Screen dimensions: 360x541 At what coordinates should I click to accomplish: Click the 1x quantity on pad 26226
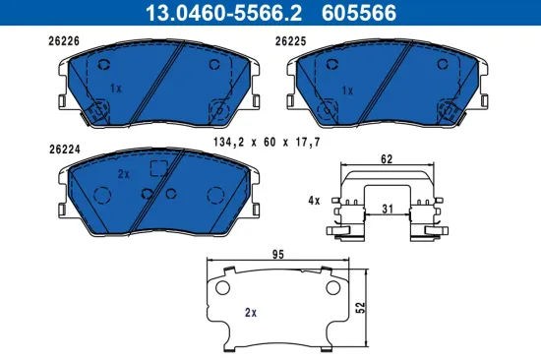(x=114, y=89)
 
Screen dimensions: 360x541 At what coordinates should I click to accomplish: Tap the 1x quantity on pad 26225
(x=346, y=90)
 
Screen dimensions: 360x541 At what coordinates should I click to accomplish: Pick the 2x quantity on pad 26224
(x=124, y=173)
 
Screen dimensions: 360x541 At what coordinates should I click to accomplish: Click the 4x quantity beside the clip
(x=315, y=200)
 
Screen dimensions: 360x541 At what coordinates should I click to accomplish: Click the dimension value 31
(x=388, y=208)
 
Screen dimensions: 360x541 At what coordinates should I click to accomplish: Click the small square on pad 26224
(x=155, y=167)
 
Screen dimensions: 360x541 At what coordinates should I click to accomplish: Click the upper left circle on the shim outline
(x=221, y=288)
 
